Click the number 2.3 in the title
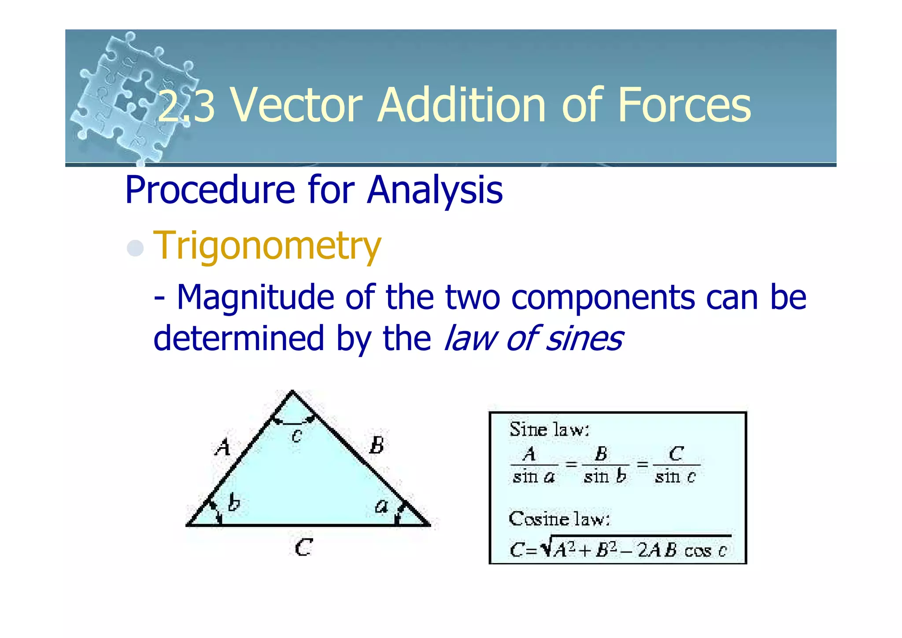point(186,106)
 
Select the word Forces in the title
point(684,106)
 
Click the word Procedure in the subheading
point(210,190)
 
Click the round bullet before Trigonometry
point(135,248)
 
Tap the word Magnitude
point(255,298)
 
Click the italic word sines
point(584,339)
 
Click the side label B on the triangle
point(377,445)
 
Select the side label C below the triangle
point(303,548)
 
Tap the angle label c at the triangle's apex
point(297,436)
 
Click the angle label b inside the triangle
point(234,503)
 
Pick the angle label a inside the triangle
point(381,506)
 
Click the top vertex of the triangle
point(292,391)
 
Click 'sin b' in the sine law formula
point(605,477)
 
